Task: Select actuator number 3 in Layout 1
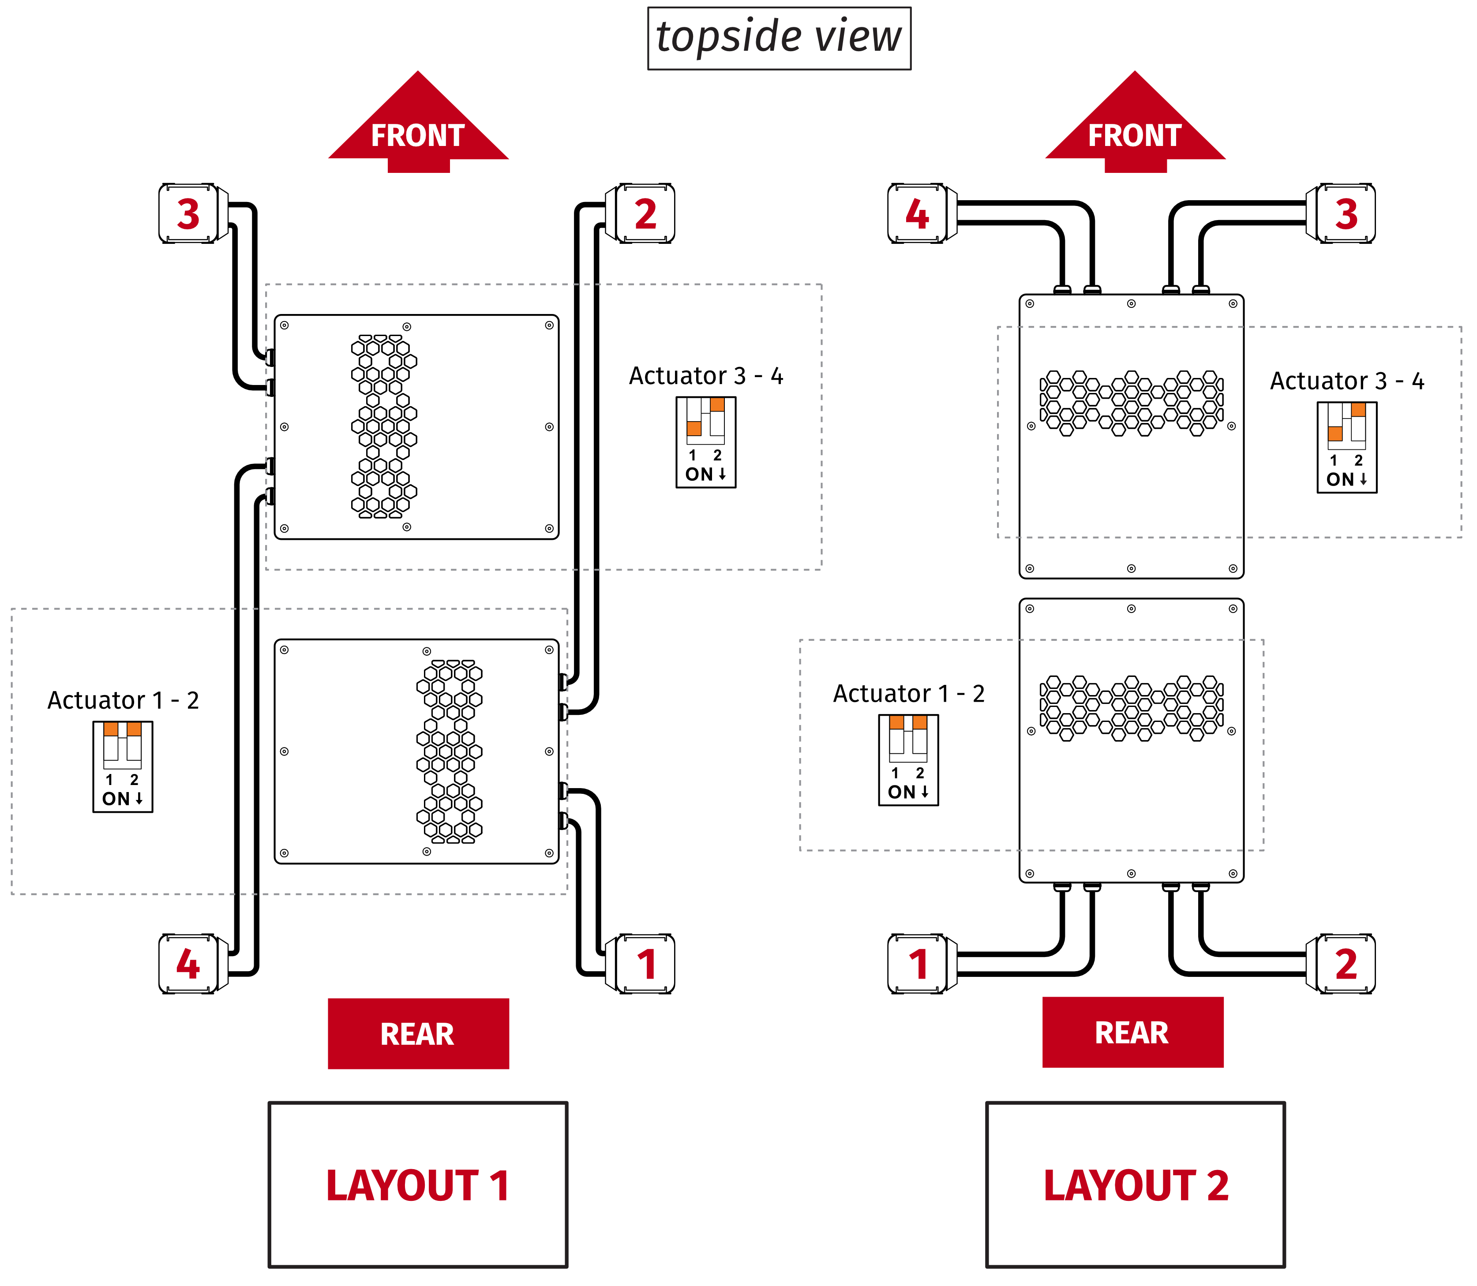pyautogui.click(x=189, y=214)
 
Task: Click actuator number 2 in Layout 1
pyautogui.click(x=645, y=214)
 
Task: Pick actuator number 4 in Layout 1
pyautogui.click(x=189, y=964)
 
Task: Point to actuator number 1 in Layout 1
pyautogui.click(x=645, y=964)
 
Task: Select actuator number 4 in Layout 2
pyautogui.click(x=918, y=214)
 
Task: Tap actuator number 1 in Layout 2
pyautogui.click(x=918, y=964)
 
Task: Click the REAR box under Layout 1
pyautogui.click(x=418, y=1033)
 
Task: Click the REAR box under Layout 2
pyautogui.click(x=1132, y=1032)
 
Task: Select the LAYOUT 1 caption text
pyautogui.click(x=418, y=1185)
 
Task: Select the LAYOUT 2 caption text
pyautogui.click(x=1136, y=1185)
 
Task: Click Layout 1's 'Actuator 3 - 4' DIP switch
pyautogui.click(x=705, y=442)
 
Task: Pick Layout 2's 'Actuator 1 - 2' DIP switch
pyautogui.click(x=908, y=760)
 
